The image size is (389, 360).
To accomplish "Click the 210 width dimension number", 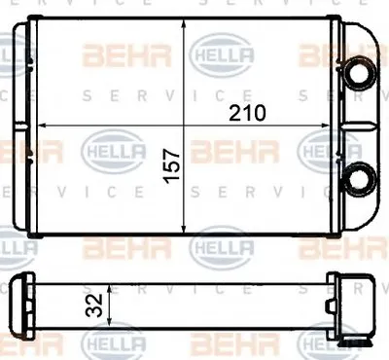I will point(247,113).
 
